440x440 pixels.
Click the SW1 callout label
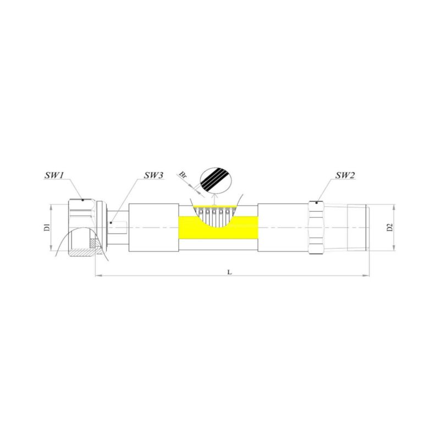(54, 175)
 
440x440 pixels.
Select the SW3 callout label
(153, 175)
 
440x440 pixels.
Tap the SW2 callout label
(345, 175)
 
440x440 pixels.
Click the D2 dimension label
(390, 227)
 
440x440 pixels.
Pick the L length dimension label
(229, 272)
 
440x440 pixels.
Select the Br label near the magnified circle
(183, 175)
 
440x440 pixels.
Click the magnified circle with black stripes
(215, 181)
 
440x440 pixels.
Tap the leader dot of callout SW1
(82, 200)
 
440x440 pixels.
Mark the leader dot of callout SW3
(111, 223)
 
